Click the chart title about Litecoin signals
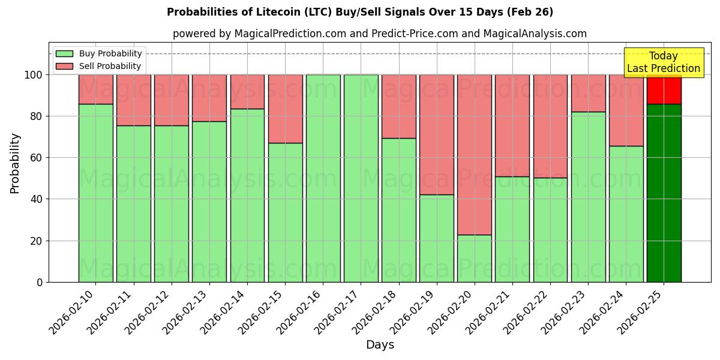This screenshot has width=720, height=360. [x=360, y=12]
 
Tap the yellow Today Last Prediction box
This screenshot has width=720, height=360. [x=664, y=62]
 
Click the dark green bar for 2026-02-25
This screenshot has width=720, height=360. [x=664, y=192]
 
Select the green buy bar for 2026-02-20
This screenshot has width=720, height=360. [x=475, y=258]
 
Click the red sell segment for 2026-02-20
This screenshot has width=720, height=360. [x=475, y=154]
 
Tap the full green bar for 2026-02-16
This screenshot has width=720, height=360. [x=323, y=178]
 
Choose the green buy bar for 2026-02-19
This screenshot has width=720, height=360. [x=437, y=238]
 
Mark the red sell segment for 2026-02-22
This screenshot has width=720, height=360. [x=550, y=126]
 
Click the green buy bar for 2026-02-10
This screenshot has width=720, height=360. [x=96, y=193]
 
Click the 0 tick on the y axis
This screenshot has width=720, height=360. [x=40, y=282]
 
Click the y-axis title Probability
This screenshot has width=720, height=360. [x=16, y=163]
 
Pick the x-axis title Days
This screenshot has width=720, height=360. [x=380, y=345]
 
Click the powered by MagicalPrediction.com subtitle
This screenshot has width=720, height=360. [x=380, y=34]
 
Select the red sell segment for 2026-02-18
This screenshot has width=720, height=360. [x=398, y=106]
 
